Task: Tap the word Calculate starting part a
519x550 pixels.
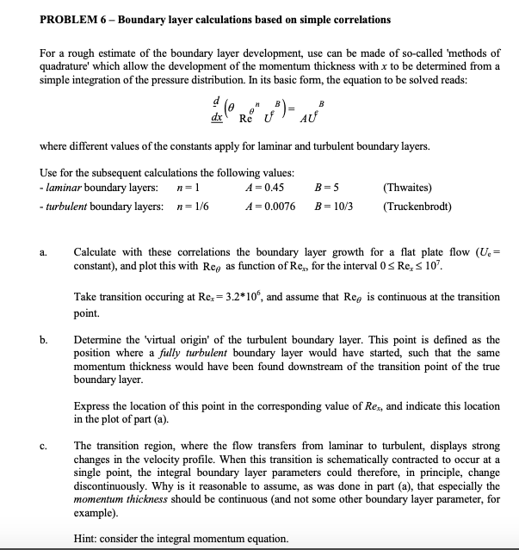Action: (97, 252)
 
